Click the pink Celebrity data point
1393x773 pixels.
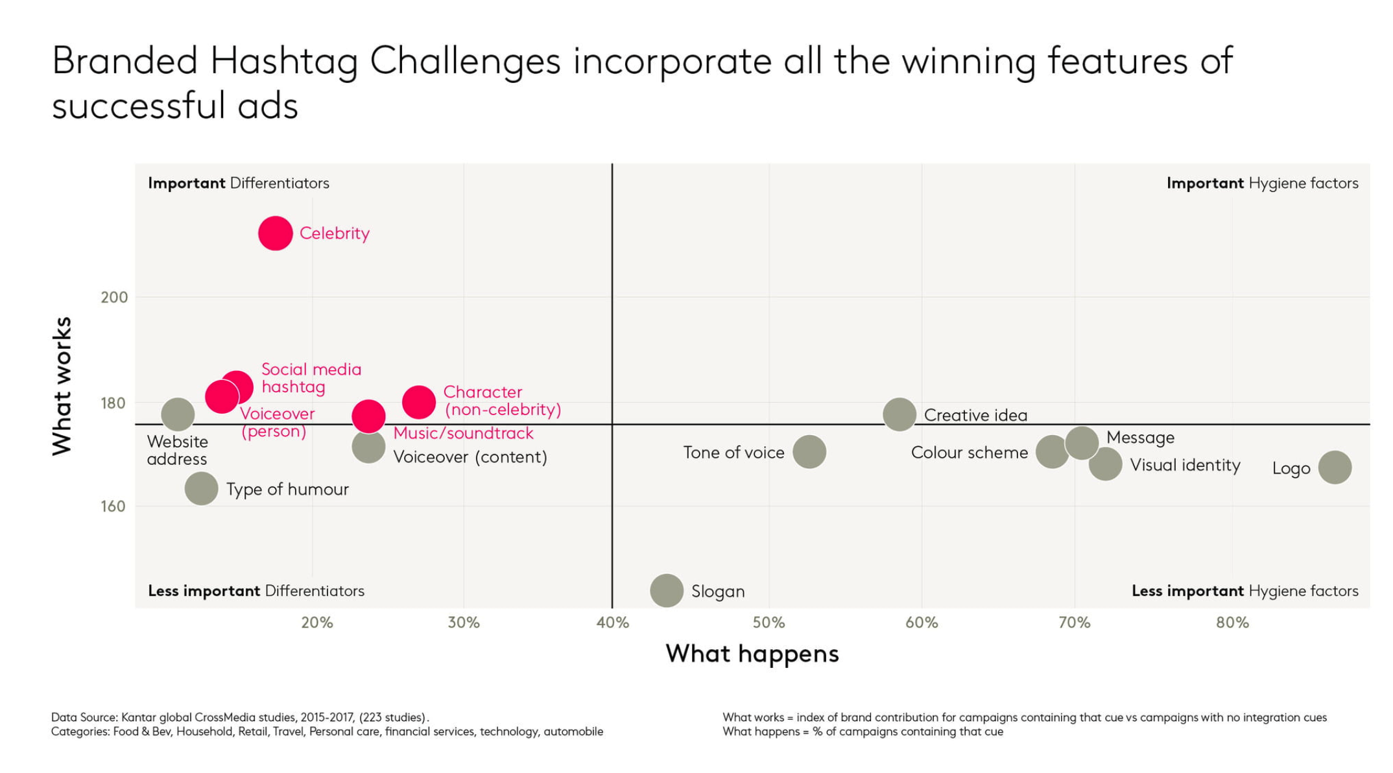click(x=275, y=233)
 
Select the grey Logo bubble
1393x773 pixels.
click(x=1335, y=468)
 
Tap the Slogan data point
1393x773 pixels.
click(x=666, y=591)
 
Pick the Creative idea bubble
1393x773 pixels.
click(x=899, y=414)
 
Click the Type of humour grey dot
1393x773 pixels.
click(x=201, y=488)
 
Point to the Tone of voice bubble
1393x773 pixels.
click(x=809, y=452)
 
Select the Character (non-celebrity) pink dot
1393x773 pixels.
click(x=418, y=402)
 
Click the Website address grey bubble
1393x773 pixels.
click(x=177, y=414)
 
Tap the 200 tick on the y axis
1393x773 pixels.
click(x=114, y=297)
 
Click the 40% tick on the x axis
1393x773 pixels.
click(x=612, y=623)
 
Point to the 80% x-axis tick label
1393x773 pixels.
click(x=1232, y=623)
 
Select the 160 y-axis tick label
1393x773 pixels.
click(x=113, y=506)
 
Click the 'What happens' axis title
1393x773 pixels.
click(x=752, y=654)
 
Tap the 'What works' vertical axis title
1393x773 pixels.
click(x=62, y=386)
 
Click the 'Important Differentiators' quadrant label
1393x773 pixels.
click(x=238, y=184)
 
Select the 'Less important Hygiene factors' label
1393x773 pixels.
click(x=1244, y=591)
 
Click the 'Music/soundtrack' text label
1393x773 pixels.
click(x=463, y=433)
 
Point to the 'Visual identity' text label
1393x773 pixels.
click(x=1185, y=465)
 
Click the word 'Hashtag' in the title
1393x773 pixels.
click(x=283, y=62)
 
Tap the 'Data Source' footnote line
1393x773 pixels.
click(x=240, y=717)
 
